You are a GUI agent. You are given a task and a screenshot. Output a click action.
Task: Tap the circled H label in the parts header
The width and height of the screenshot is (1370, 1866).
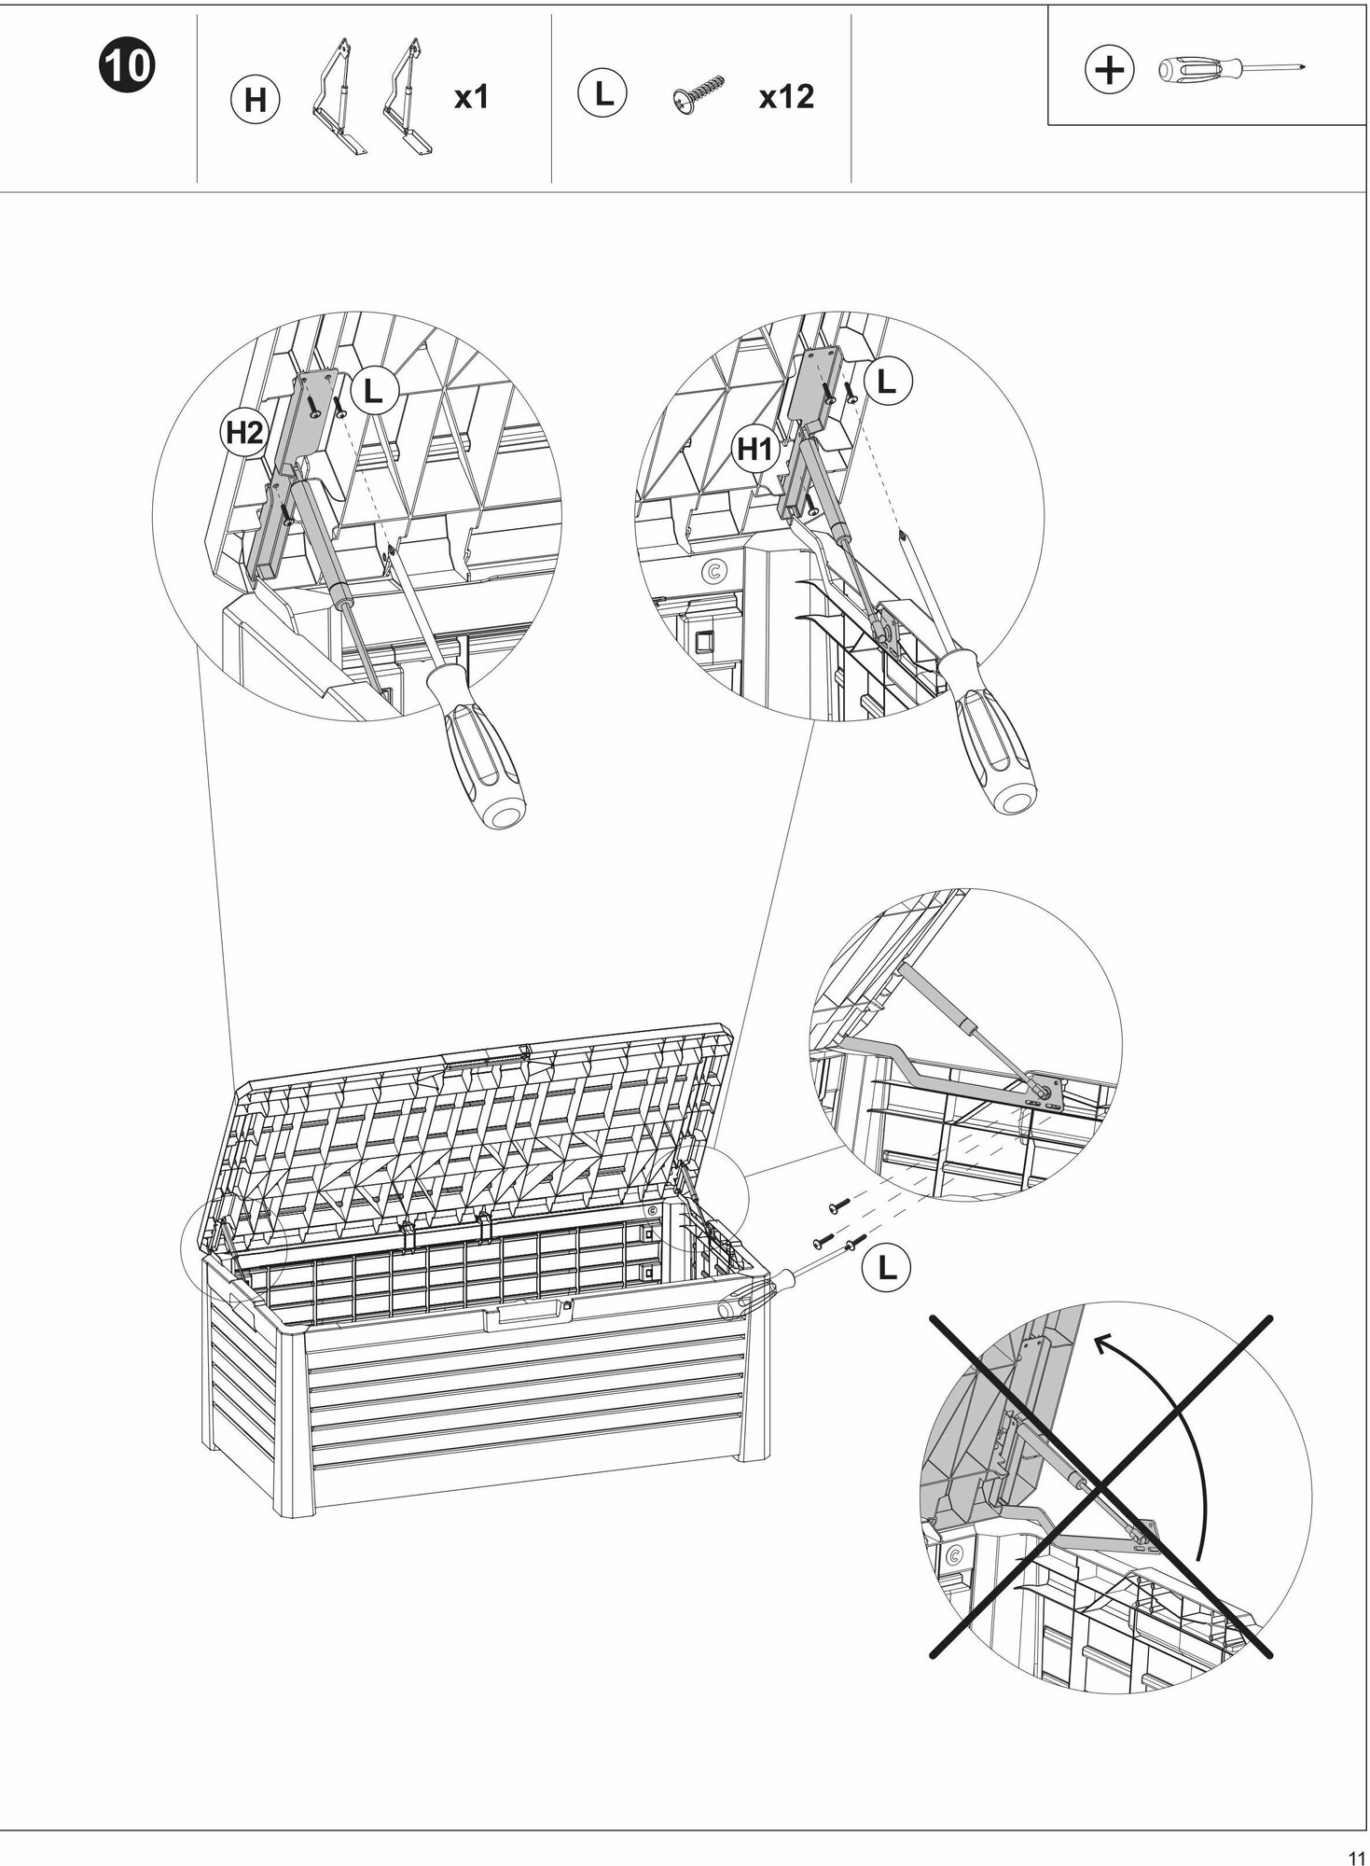point(255,100)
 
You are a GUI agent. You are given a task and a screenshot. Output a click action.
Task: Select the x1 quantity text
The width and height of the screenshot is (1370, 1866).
point(471,96)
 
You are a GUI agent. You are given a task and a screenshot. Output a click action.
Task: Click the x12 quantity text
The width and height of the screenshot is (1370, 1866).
point(785,96)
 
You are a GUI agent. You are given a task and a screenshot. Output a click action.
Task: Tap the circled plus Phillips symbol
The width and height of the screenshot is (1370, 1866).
point(1110,69)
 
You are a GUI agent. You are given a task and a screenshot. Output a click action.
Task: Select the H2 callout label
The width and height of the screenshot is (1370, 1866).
point(245,432)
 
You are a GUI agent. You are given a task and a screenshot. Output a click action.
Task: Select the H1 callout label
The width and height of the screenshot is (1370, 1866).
point(755,450)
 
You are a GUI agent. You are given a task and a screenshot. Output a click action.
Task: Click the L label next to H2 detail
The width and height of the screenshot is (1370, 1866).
point(373,391)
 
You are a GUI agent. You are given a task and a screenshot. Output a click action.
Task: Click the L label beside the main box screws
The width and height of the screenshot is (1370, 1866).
point(886,1266)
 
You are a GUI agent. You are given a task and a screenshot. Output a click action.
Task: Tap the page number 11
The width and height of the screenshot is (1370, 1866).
point(1355,1853)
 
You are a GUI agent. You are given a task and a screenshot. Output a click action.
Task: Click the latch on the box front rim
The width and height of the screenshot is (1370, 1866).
point(525,1314)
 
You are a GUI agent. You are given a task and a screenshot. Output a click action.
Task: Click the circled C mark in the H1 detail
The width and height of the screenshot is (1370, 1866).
point(715,570)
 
